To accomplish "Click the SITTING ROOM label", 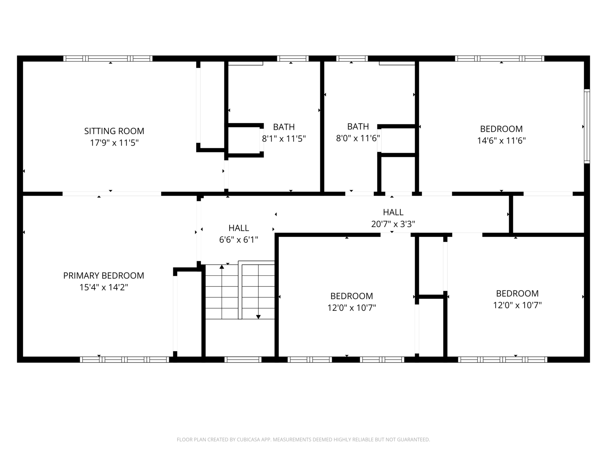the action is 114,131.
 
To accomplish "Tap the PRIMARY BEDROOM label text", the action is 104,275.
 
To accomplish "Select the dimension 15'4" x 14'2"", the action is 104,287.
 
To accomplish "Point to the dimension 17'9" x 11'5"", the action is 114,143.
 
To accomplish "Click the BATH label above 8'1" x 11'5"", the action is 284,127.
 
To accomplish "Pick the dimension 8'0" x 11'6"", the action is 358,138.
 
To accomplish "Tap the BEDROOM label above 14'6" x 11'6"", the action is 502,129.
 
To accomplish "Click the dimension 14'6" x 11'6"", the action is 502,141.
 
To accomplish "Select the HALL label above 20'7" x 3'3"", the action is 393,212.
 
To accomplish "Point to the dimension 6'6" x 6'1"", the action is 239,240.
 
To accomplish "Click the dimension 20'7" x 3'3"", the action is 393,224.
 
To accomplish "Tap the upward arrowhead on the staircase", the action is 222,267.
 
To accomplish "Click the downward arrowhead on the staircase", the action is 258,317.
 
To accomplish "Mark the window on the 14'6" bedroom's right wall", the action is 587,126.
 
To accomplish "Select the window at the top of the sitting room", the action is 108,58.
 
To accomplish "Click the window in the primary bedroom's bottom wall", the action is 124,359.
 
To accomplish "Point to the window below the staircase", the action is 243,359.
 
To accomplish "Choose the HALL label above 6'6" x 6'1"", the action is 239,228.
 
